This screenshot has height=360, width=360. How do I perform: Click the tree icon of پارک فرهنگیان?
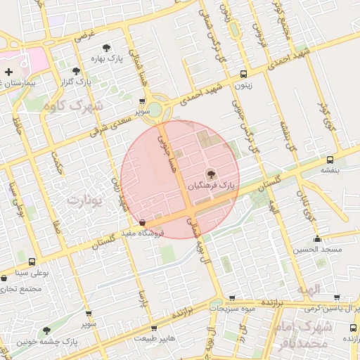pyautogui.click(x=210, y=174)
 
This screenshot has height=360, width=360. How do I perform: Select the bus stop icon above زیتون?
pyautogui.click(x=243, y=74)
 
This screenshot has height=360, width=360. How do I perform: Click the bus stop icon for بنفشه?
pyautogui.click(x=330, y=160)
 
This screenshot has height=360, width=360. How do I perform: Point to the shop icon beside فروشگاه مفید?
pyautogui.click(x=143, y=223)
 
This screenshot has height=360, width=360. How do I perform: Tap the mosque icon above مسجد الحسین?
pyautogui.click(x=318, y=238)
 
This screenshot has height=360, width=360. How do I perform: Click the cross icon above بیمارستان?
pyautogui.click(x=8, y=72)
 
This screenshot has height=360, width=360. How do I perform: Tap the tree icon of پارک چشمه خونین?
pyautogui.click(x=46, y=330)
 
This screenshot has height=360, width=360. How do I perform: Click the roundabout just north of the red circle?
pyautogui.click(x=161, y=109)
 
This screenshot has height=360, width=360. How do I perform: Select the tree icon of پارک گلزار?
pyautogui.click(x=76, y=71)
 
